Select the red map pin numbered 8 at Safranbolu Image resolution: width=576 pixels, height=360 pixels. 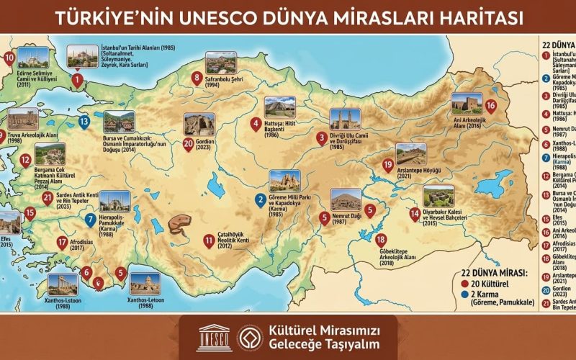point(197,78)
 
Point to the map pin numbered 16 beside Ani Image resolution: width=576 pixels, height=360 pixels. point(490,106)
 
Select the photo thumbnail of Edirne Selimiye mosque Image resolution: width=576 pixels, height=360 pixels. point(32,58)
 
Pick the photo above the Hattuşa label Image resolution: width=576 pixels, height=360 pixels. point(279,107)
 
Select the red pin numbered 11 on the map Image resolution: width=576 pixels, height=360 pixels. point(209,240)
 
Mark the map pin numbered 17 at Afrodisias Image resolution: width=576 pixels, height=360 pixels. point(62,243)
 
